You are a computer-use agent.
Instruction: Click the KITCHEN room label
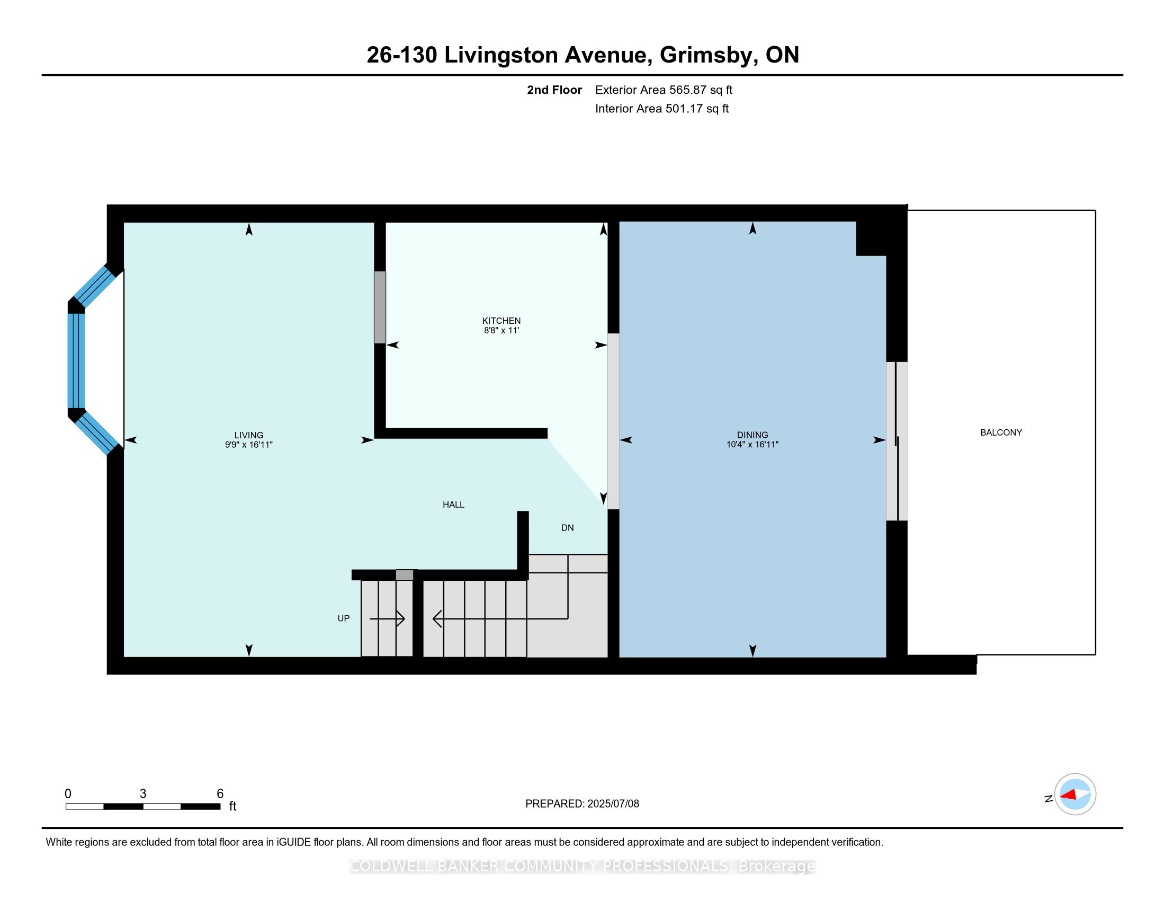point(501,320)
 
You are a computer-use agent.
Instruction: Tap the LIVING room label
point(248,435)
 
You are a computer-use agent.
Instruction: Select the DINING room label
point(752,435)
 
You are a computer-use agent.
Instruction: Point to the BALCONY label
point(1001,432)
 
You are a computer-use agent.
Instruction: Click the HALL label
point(453,505)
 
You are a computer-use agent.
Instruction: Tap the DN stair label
point(567,528)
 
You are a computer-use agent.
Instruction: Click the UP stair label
point(344,618)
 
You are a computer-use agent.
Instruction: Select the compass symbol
point(1075,795)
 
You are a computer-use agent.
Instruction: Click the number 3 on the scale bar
point(143,794)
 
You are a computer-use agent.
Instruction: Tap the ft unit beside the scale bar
point(232,807)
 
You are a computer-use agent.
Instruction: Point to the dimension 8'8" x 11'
point(501,330)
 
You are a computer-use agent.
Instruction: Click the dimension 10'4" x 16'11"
point(752,445)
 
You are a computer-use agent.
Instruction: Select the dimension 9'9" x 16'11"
point(248,445)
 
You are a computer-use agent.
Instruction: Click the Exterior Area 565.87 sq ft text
point(664,90)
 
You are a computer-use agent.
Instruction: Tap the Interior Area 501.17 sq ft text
point(661,109)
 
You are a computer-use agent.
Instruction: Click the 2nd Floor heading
point(554,90)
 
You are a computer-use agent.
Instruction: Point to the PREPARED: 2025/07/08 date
point(582,804)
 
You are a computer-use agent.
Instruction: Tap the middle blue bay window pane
point(76,361)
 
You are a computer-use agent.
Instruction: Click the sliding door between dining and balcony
point(897,441)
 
